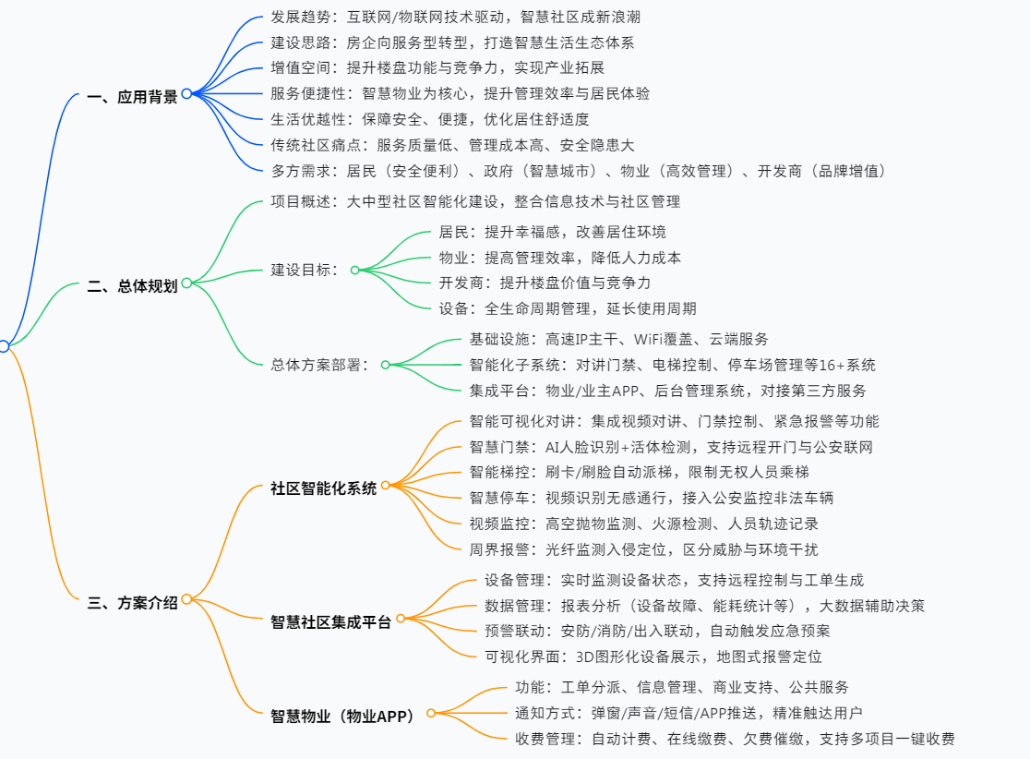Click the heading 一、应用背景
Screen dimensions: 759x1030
132,96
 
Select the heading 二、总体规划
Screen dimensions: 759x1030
132,285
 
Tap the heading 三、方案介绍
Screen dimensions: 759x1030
132,603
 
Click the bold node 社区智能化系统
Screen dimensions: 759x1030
324,488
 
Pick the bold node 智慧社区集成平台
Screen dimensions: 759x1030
331,621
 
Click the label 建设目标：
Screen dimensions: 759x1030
305,270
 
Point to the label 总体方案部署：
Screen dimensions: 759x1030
319,365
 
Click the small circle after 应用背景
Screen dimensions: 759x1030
186,93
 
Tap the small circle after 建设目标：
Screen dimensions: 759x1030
354,271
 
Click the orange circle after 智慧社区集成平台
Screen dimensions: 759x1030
401,618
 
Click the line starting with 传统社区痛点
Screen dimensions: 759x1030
452,145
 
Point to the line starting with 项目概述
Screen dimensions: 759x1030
475,201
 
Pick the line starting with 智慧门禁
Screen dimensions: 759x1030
671,447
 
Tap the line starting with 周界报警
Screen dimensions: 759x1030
643,548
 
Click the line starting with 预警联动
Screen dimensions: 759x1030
657,632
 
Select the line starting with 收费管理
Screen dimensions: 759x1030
734,739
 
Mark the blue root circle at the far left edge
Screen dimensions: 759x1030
3,346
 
